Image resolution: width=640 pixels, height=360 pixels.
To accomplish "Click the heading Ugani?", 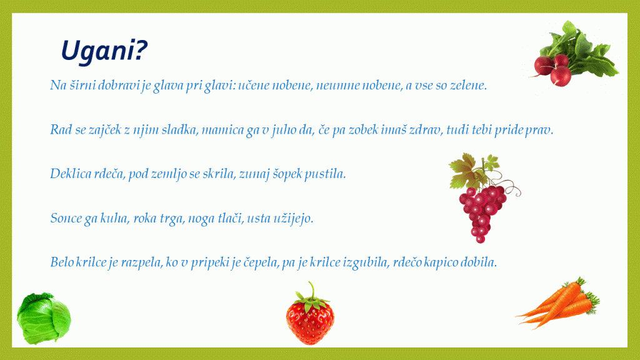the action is point(104,51).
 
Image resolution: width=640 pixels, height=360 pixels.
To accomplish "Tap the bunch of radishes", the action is point(574,54).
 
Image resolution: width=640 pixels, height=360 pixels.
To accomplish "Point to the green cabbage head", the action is point(44,318).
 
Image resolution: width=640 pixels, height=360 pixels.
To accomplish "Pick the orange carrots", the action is point(558,303).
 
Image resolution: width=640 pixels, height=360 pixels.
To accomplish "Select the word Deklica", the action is point(71,174).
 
